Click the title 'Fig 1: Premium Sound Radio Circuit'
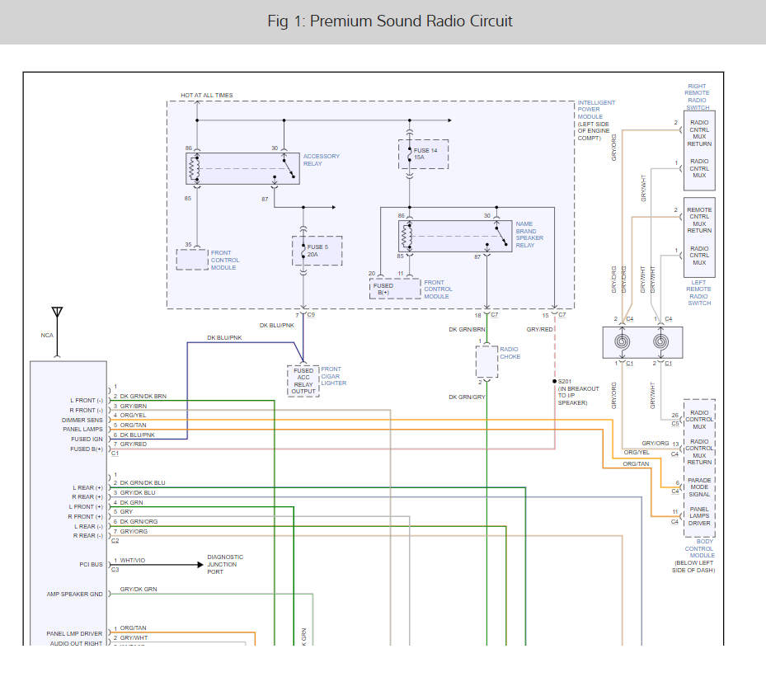[390, 21]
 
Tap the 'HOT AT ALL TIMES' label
[207, 96]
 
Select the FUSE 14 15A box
[424, 153]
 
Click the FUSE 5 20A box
[317, 251]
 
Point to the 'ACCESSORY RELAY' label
[321, 160]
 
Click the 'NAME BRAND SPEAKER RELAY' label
[529, 234]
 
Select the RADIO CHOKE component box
[487, 361]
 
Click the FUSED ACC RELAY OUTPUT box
[303, 381]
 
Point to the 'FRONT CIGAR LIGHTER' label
[333, 376]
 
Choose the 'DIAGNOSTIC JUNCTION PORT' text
[225, 564]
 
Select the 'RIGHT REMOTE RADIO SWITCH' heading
[697, 96]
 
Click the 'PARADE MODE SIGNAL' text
[699, 487]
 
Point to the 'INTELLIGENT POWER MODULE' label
[596, 120]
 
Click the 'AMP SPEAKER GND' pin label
[74, 594]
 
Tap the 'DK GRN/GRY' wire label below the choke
[468, 397]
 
